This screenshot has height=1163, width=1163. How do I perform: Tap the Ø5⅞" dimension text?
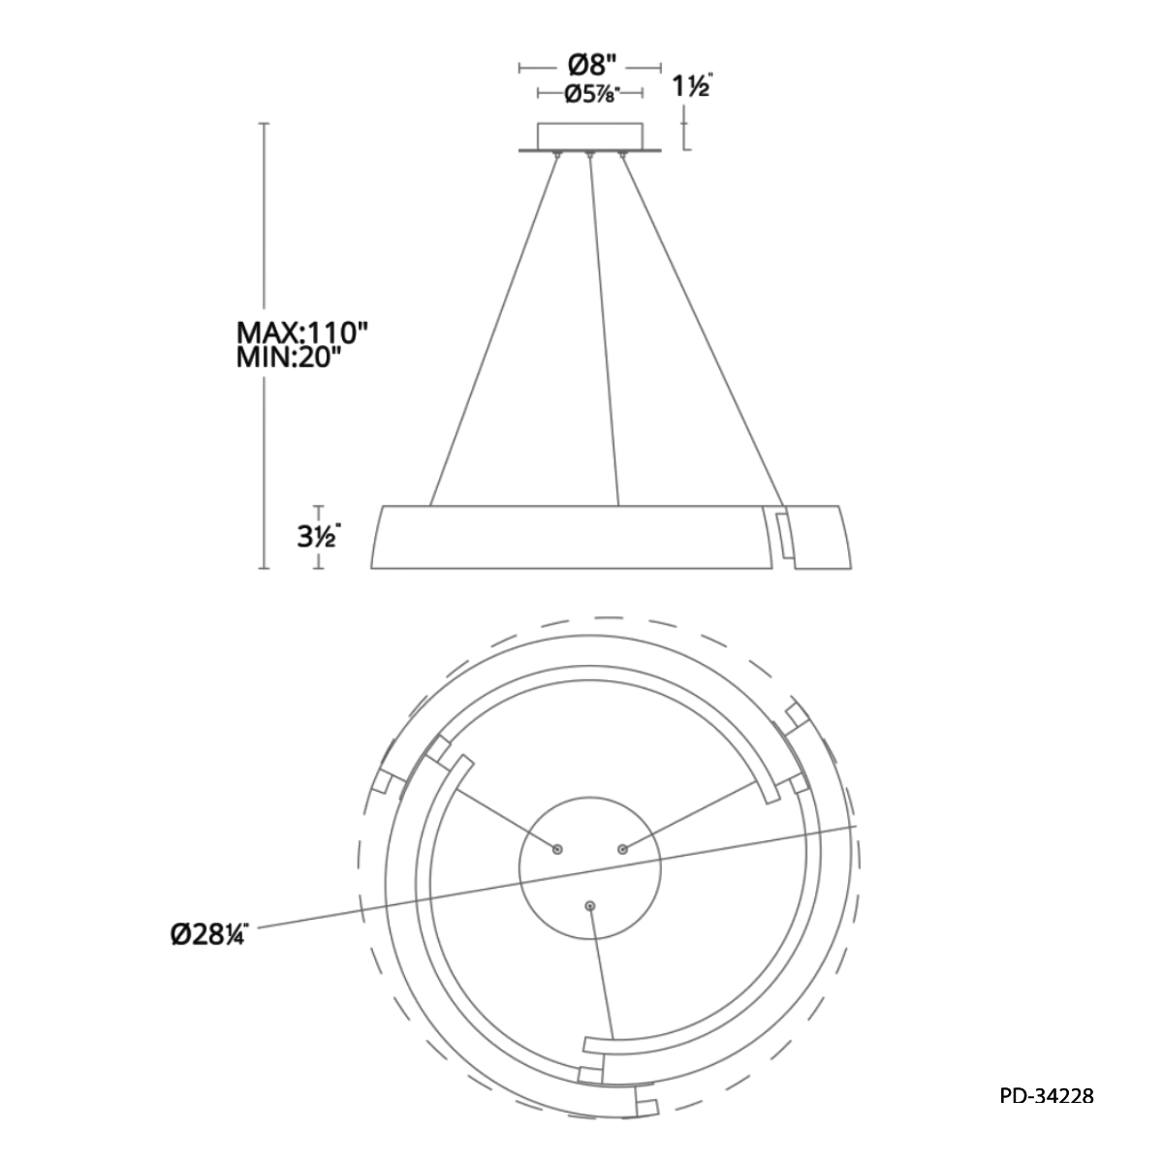[590, 94]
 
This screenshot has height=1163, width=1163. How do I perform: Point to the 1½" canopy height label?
[692, 87]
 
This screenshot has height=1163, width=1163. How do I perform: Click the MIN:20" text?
[291, 359]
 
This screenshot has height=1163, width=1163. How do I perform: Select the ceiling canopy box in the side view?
[590, 136]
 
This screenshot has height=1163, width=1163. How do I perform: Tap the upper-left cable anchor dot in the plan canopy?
[557, 849]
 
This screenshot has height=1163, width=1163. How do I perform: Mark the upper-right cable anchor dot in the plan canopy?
[622, 849]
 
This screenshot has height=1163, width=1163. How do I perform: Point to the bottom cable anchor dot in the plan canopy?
[590, 905]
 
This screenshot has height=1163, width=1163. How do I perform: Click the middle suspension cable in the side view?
[605, 330]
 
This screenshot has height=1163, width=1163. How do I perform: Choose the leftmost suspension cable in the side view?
[494, 330]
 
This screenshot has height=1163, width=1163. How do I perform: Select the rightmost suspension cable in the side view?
[701, 330]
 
